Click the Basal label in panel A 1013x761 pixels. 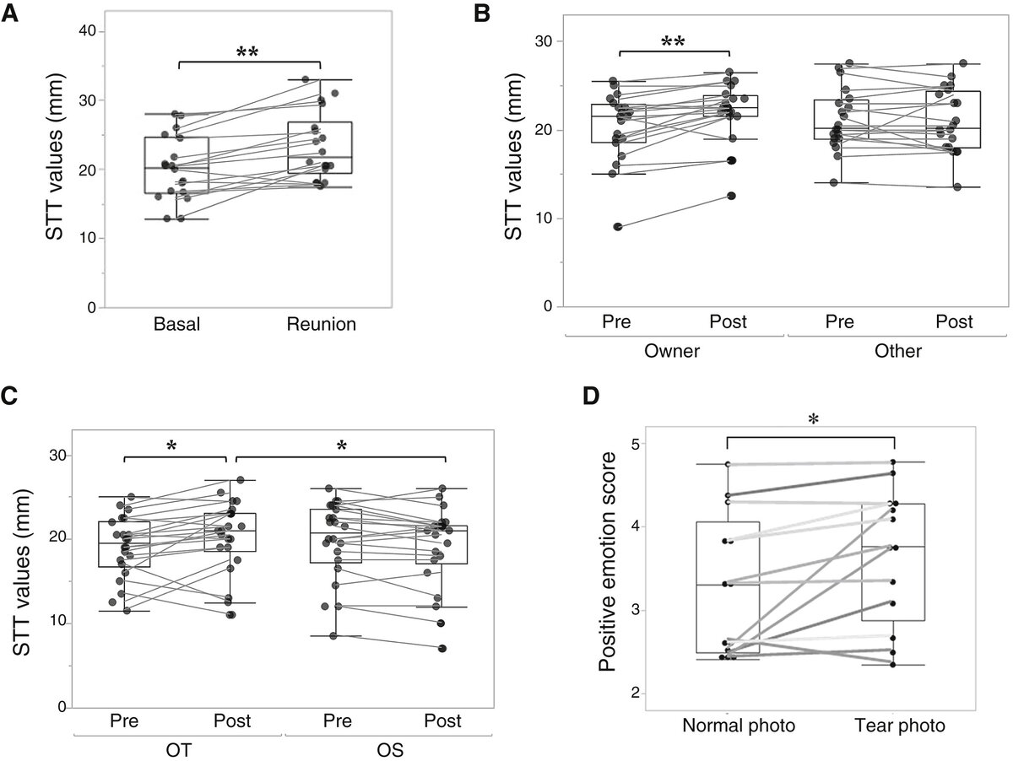(x=177, y=325)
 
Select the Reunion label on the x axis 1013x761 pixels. (x=321, y=325)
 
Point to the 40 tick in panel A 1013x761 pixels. (x=85, y=31)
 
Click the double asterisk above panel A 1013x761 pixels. (x=247, y=52)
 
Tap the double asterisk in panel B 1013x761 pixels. (x=674, y=42)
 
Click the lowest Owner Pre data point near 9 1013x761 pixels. (x=618, y=226)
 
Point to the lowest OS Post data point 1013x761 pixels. (x=441, y=648)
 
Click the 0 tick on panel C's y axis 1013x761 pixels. (x=60, y=707)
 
